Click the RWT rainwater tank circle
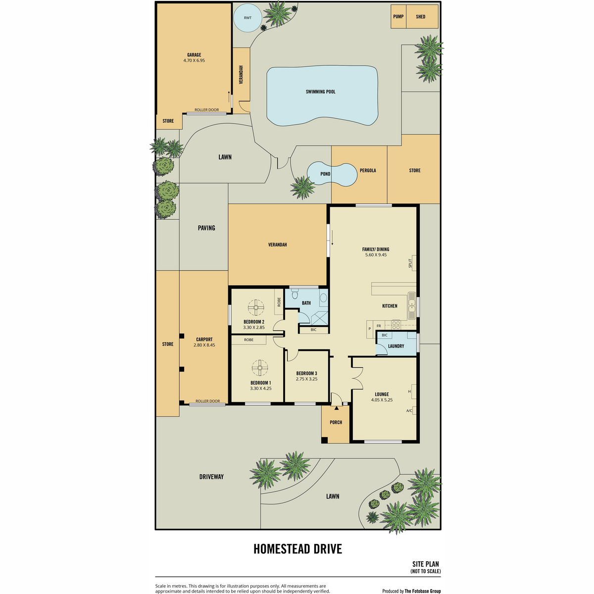click(247, 17)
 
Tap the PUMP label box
click(398, 17)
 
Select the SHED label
click(420, 17)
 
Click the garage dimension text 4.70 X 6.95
click(194, 60)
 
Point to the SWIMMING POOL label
click(321, 92)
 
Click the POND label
click(325, 174)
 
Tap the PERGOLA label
click(368, 170)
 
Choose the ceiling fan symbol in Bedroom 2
click(256, 307)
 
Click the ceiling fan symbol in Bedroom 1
click(260, 367)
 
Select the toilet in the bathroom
click(295, 295)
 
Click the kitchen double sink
click(412, 305)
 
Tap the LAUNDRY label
click(396, 346)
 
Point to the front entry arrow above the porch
click(336, 408)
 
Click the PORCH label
click(336, 422)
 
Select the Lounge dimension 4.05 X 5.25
click(382, 400)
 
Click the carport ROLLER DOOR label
click(208, 401)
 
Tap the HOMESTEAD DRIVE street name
click(298, 549)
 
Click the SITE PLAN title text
click(425, 564)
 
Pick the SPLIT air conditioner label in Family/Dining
click(410, 263)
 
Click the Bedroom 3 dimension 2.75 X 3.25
click(306, 379)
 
